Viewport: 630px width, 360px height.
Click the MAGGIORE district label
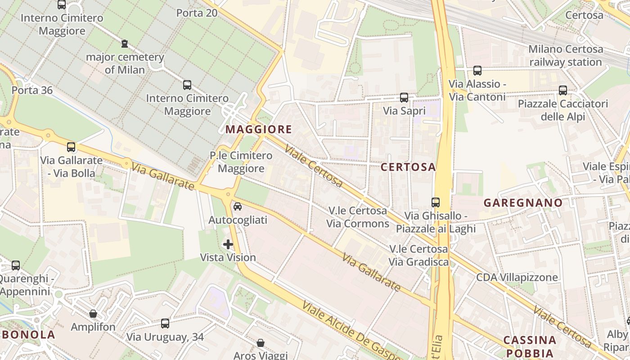coord(259,130)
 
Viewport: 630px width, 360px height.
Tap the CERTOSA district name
coord(408,167)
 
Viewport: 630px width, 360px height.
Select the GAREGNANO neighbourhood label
coord(523,202)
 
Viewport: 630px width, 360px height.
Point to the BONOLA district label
coord(28,334)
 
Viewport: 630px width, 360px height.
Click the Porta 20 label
coord(197,13)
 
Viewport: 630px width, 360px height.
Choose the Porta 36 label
coord(32,90)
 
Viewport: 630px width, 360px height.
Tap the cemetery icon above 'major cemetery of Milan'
coord(125,44)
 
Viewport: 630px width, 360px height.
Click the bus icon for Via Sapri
coord(404,97)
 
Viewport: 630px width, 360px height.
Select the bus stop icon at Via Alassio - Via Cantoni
coord(477,71)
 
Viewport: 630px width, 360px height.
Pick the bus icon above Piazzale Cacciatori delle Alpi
coord(562,90)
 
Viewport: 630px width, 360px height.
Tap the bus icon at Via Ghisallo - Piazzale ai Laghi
coord(435,202)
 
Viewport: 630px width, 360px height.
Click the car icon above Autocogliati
coord(238,207)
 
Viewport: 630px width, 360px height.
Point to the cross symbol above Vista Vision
coord(228,244)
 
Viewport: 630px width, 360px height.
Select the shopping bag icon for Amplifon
coord(93,314)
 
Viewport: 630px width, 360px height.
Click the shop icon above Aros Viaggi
coord(260,343)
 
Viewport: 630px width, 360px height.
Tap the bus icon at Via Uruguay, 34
coord(165,323)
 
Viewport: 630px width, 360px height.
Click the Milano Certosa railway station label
coord(565,55)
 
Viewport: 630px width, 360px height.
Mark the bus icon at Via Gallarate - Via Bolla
coord(71,147)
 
